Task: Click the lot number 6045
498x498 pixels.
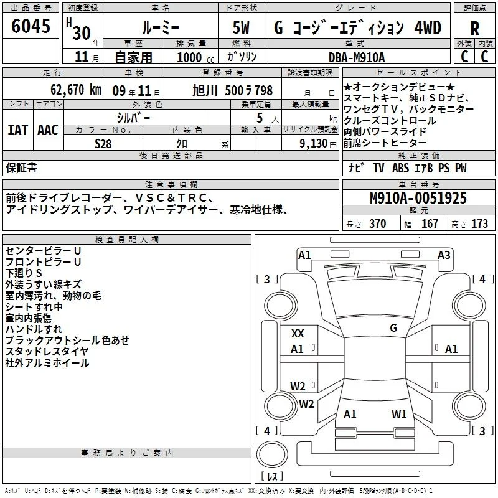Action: [x=31, y=26]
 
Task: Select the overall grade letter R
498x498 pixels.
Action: [x=474, y=29]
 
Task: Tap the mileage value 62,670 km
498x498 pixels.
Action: [x=75, y=90]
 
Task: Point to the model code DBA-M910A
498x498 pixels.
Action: [x=357, y=57]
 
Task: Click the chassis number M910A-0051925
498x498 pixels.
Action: [x=418, y=198]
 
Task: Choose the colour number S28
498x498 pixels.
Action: [x=103, y=144]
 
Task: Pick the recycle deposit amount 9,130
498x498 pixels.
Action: [x=314, y=143]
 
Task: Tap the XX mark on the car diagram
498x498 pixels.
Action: [x=298, y=334]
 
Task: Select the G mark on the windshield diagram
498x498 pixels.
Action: [x=393, y=328]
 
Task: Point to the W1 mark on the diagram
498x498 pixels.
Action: [x=399, y=414]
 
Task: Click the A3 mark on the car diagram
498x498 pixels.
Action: [x=444, y=255]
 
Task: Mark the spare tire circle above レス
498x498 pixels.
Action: [x=272, y=454]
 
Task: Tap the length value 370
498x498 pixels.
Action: [x=378, y=223]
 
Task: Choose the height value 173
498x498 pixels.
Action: [x=479, y=223]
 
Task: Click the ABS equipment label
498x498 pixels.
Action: [x=400, y=168]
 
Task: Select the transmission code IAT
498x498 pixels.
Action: [x=17, y=130]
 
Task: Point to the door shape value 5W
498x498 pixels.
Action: [x=241, y=27]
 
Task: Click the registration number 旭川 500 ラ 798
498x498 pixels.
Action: [x=232, y=90]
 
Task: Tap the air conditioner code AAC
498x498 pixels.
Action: [x=48, y=130]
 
